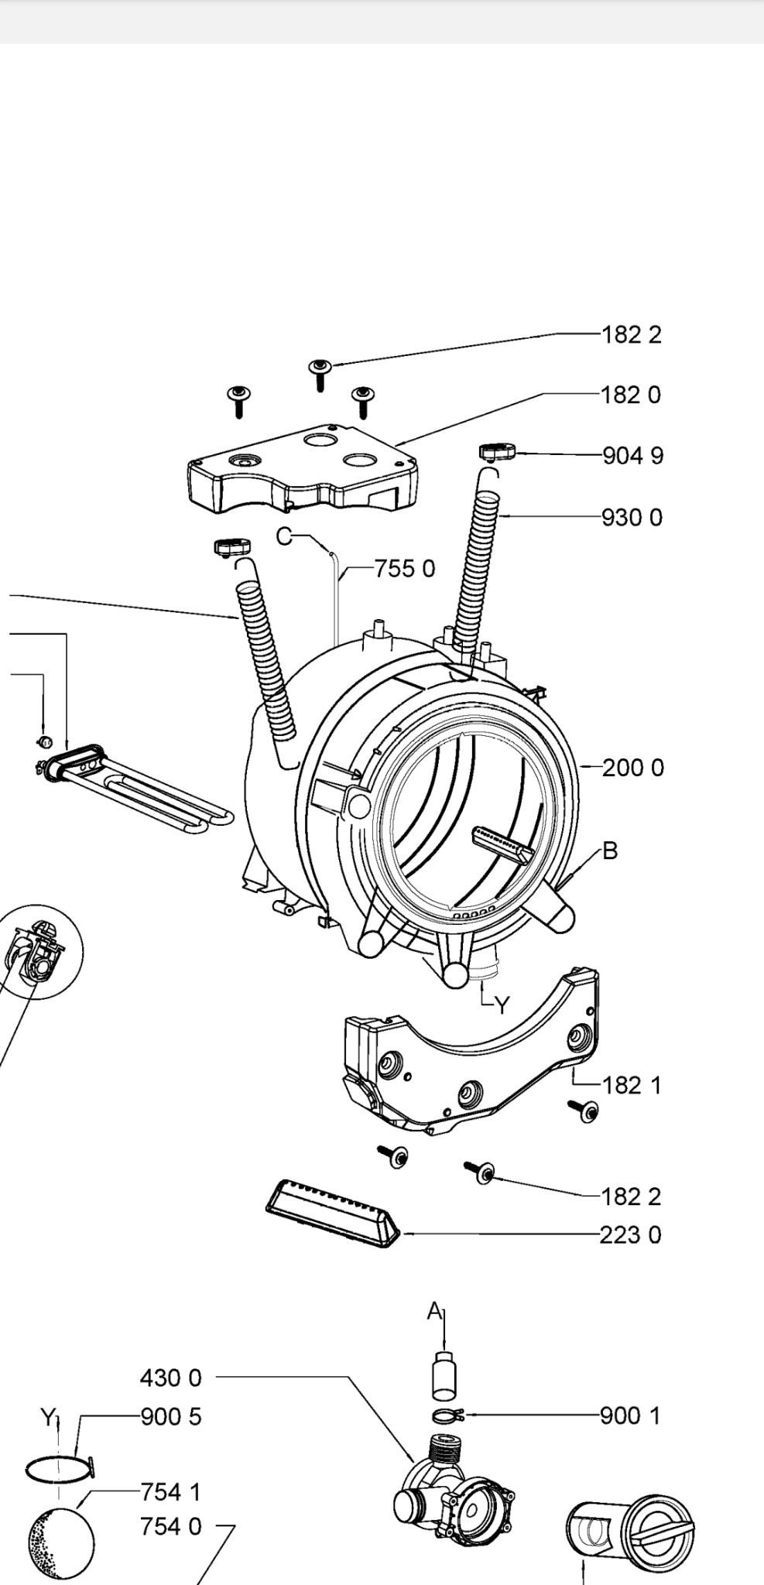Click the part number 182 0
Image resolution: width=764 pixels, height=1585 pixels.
point(632,395)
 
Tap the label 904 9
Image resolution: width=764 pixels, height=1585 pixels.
point(633,456)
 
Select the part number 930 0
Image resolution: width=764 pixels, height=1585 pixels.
point(632,517)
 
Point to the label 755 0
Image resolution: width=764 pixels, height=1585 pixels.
point(405,569)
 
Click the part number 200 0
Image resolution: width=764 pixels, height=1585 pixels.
point(633,768)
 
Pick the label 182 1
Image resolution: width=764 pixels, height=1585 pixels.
point(632,1085)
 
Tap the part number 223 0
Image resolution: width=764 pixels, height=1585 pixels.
point(631,1234)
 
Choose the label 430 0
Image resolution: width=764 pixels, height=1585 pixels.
point(170,1378)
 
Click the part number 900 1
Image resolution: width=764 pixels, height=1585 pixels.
point(631,1416)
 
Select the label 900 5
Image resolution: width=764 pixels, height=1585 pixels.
point(170,1416)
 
